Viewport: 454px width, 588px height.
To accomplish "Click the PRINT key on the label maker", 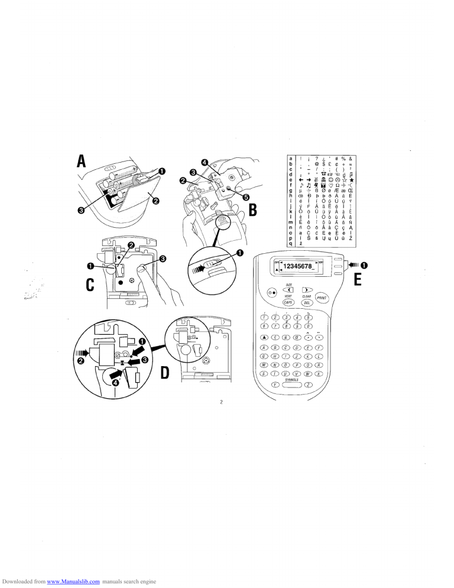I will tap(322, 298).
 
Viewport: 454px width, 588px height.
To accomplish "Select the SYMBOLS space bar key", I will tap(291, 385).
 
